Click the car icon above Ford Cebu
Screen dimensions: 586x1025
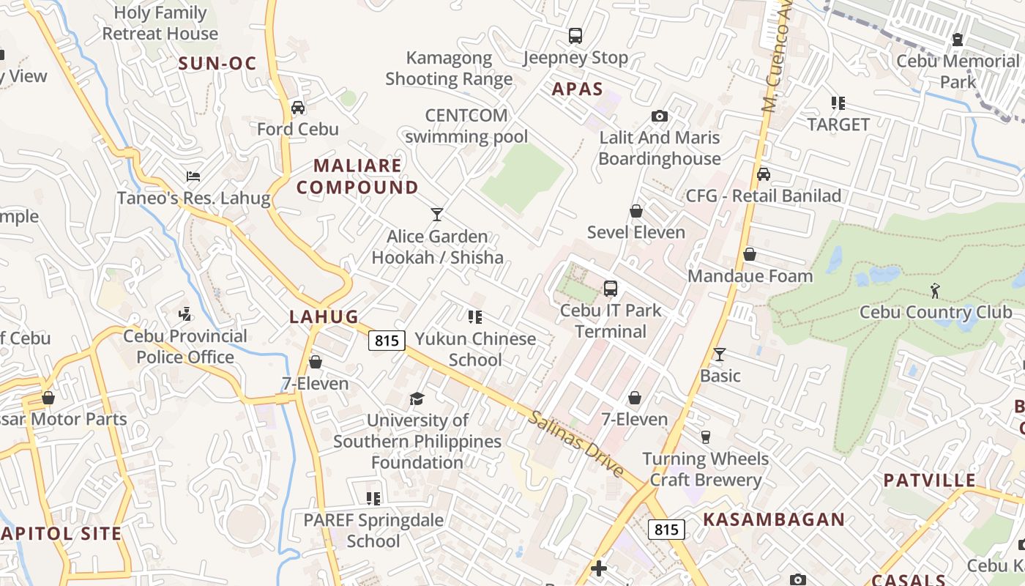tap(298, 108)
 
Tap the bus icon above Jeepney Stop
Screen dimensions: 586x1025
tap(575, 36)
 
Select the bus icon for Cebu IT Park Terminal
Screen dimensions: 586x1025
tap(611, 289)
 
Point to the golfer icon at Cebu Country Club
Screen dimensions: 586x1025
tap(935, 291)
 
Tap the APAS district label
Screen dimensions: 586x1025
tap(577, 89)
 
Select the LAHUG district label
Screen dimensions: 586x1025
tap(324, 316)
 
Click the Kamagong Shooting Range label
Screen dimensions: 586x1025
tap(449, 68)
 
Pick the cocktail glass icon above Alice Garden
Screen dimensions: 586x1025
tap(437, 215)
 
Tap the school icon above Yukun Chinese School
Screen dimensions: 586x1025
tap(475, 317)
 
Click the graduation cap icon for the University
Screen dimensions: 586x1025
tap(417, 398)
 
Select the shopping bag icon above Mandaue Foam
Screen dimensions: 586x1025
tap(750, 254)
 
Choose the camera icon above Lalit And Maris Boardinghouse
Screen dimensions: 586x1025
tap(659, 116)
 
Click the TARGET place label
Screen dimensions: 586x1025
tap(838, 125)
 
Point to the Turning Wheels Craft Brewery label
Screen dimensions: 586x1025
tap(706, 470)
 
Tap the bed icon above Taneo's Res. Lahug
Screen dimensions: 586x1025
tap(193, 177)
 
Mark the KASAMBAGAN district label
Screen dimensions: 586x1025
tap(774, 519)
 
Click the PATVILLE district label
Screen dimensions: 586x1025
tap(929, 481)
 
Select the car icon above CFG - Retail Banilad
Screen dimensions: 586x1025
tap(764, 174)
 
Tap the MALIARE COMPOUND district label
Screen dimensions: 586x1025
tap(357, 177)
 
